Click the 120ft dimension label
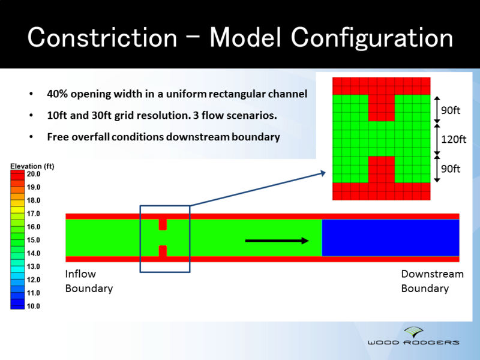tap(454, 139)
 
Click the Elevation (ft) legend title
tap(32, 166)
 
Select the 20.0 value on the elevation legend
tap(33, 174)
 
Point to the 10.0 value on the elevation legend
tap(33, 306)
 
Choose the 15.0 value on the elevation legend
tap(33, 240)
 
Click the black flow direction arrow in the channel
tap(277, 241)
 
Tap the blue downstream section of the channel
tap(390, 238)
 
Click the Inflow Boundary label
tap(89, 281)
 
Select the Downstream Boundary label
tap(432, 281)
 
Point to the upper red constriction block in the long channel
tap(163, 224)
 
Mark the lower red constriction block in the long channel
tap(163, 251)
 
